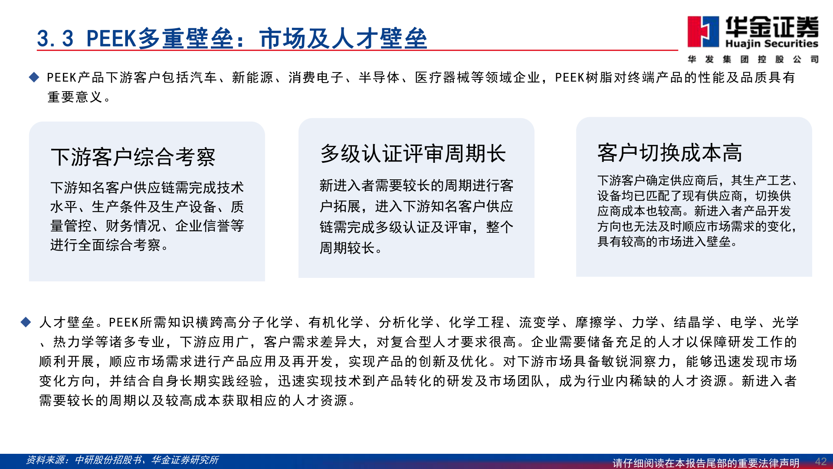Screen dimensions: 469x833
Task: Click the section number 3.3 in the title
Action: click(55, 39)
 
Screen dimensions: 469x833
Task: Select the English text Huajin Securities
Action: click(771, 44)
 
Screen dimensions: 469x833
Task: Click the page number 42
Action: click(820, 462)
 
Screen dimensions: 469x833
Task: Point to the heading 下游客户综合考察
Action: click(133, 157)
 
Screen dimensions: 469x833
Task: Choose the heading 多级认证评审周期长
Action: click(413, 154)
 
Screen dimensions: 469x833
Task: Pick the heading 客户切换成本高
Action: click(669, 153)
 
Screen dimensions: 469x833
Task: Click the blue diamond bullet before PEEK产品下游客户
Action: click(34, 78)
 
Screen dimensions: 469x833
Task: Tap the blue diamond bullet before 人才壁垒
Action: click(26, 322)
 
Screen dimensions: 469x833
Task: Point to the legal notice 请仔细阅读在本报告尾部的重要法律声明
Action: click(706, 463)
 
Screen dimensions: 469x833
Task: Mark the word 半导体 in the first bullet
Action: click(379, 78)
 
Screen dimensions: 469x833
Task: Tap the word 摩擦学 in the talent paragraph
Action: click(596, 322)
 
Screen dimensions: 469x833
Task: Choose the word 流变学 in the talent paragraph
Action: click(539, 322)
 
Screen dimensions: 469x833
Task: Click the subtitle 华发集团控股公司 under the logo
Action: click(753, 59)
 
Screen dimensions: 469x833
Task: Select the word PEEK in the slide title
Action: click(111, 39)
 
